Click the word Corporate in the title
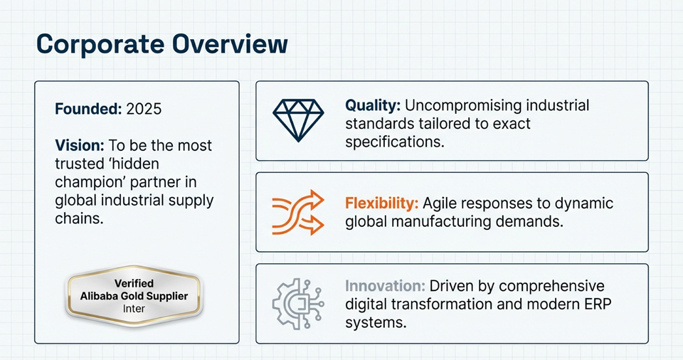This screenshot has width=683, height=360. [100, 44]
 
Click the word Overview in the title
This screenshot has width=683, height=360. [230, 43]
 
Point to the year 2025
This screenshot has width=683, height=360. [144, 109]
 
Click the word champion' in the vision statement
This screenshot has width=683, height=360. [90, 182]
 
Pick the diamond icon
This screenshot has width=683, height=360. [298, 120]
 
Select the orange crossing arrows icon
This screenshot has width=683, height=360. [298, 212]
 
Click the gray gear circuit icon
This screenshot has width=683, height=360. [298, 303]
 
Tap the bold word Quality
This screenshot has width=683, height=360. [373, 105]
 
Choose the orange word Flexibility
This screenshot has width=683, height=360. [382, 203]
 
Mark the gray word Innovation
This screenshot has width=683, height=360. [385, 286]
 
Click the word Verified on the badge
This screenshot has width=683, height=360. [134, 283]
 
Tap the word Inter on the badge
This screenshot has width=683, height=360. [134, 309]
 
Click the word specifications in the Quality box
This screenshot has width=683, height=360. [395, 142]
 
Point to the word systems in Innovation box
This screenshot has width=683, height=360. [376, 323]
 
